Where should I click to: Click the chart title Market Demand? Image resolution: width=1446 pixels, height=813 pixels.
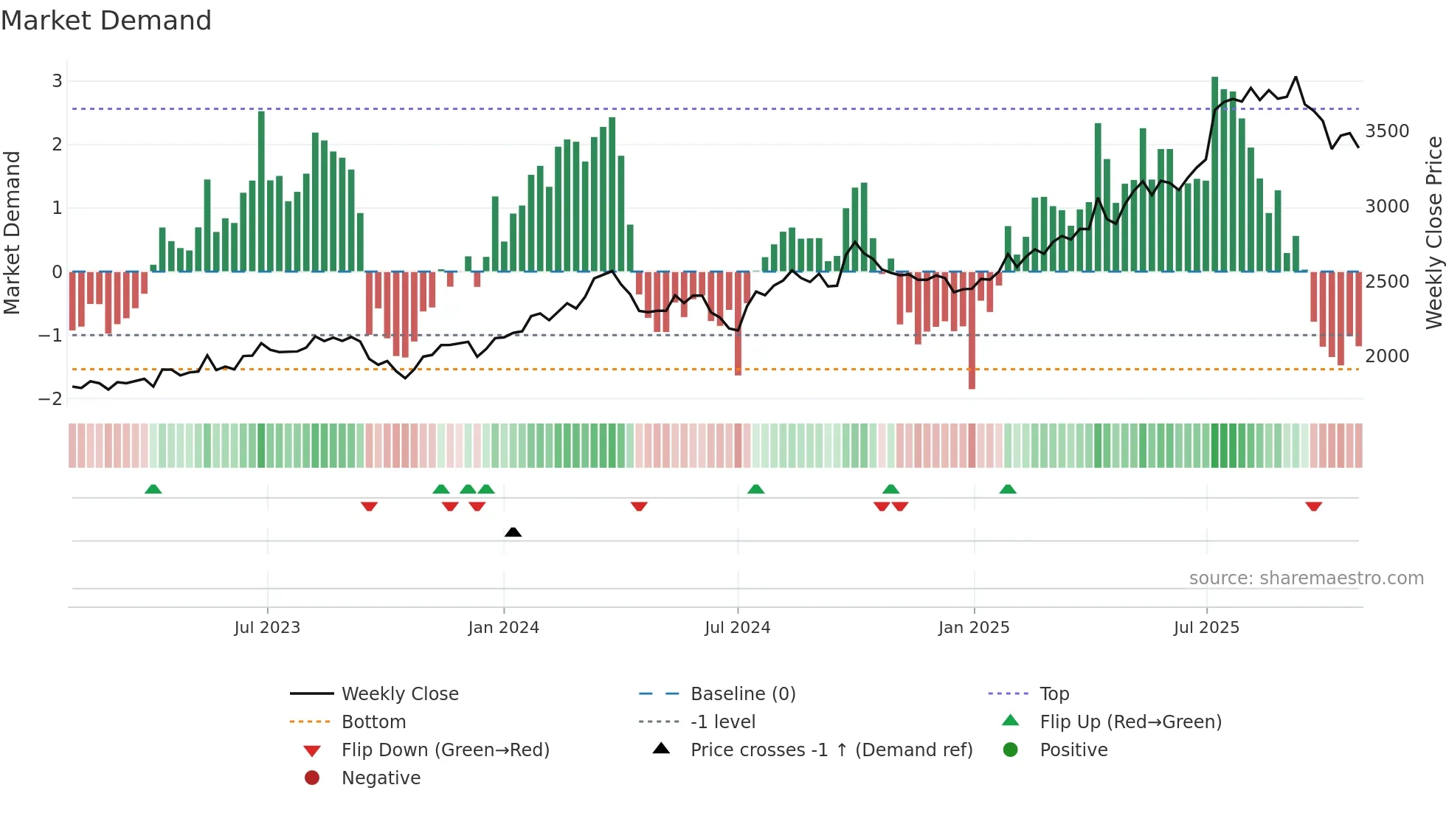[106, 21]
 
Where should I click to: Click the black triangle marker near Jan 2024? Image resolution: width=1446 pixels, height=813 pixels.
[513, 532]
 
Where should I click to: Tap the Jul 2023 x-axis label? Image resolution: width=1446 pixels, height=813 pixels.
[267, 628]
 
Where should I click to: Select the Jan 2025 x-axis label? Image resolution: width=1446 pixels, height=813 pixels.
[974, 628]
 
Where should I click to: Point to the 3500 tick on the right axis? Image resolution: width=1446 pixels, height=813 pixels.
[1387, 131]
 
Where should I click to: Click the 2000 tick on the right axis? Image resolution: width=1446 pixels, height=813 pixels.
[1387, 356]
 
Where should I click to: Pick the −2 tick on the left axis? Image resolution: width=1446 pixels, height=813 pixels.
[51, 399]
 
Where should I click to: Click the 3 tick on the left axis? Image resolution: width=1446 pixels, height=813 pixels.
[57, 81]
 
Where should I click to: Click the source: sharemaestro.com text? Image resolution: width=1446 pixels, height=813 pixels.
[1306, 578]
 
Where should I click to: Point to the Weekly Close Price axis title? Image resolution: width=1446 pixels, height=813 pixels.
[1433, 232]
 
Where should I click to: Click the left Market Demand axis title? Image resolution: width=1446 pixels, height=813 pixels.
[12, 232]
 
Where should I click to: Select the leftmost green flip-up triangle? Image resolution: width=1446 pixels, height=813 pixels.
[153, 489]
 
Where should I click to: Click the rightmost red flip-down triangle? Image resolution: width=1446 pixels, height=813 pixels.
[1313, 506]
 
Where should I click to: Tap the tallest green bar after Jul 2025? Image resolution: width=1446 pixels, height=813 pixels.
[1214, 173]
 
